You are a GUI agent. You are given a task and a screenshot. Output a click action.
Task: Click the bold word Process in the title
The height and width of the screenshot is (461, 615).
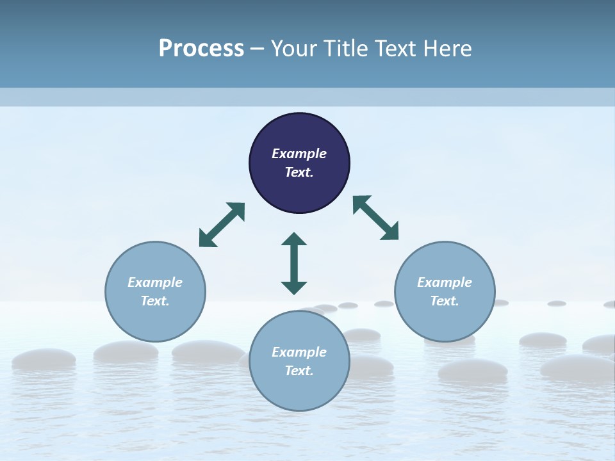(x=201, y=49)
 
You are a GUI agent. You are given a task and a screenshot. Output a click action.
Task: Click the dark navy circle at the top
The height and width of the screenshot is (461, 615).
(x=299, y=134)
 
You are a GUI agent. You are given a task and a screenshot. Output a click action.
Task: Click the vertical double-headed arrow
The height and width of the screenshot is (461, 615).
(x=294, y=263)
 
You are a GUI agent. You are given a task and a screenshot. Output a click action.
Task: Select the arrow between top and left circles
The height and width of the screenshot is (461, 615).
(x=222, y=225)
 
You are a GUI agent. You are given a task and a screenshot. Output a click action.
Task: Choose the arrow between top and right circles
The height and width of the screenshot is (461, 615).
(x=376, y=218)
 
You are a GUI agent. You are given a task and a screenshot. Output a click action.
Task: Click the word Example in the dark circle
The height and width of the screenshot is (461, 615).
(x=299, y=154)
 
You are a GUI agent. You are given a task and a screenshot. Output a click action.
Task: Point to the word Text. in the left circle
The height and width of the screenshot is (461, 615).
(x=155, y=301)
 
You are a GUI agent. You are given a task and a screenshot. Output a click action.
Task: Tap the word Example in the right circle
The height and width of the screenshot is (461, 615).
(x=445, y=282)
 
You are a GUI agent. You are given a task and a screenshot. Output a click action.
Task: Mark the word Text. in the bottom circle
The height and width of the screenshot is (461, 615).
(x=299, y=371)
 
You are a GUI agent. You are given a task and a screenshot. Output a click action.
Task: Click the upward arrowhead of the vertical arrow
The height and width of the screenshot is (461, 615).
(x=294, y=239)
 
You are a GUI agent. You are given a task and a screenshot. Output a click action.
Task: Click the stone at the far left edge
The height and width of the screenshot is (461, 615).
(x=44, y=359)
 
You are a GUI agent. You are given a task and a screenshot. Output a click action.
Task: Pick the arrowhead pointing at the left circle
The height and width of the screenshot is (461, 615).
(x=206, y=239)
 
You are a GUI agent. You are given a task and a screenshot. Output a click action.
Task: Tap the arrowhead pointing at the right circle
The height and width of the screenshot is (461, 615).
(x=391, y=232)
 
